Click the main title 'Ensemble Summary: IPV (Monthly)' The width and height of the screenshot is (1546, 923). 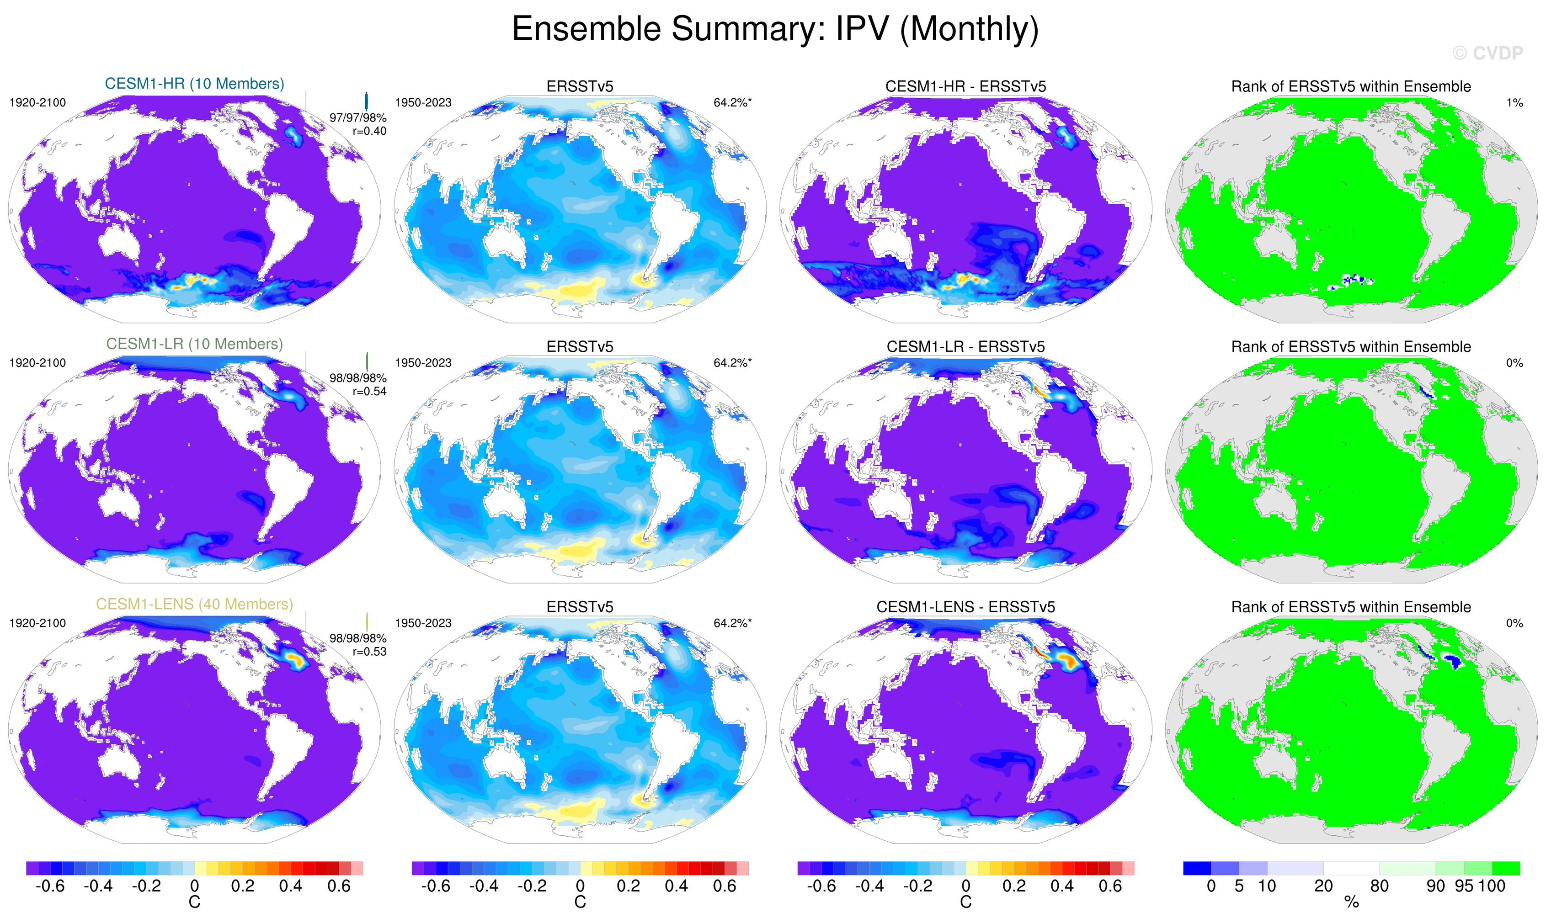[x=774, y=29]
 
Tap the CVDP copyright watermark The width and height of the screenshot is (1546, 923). [x=1487, y=53]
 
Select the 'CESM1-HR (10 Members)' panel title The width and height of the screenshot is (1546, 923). [x=194, y=84]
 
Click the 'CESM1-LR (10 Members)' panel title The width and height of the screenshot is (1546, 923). [x=194, y=344]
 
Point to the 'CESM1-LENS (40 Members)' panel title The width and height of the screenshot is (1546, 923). [x=194, y=604]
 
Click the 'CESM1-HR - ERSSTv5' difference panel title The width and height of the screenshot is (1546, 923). [x=965, y=86]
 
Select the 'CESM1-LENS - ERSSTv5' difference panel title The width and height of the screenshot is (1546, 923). [x=965, y=607]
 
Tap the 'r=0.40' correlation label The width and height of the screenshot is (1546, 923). [x=369, y=131]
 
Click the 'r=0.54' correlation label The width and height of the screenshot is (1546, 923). [x=369, y=391]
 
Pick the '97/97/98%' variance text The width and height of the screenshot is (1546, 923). [x=358, y=117]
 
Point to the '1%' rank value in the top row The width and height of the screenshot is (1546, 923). [x=1514, y=103]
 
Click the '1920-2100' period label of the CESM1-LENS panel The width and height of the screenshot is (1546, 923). [x=37, y=623]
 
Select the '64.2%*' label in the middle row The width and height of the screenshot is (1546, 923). [x=732, y=363]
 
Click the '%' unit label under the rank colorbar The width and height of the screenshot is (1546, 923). [x=1351, y=902]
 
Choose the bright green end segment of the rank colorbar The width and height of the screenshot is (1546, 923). [x=1506, y=868]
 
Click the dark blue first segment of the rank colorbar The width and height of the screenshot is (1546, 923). [x=1196, y=868]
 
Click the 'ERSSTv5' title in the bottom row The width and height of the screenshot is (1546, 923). [x=579, y=607]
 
